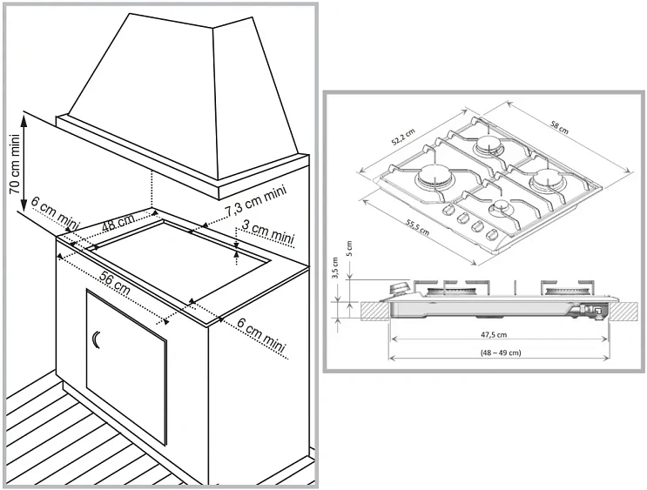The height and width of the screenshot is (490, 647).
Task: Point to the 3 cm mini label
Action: tap(267, 232)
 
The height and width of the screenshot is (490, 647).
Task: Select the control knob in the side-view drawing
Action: tap(400, 288)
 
